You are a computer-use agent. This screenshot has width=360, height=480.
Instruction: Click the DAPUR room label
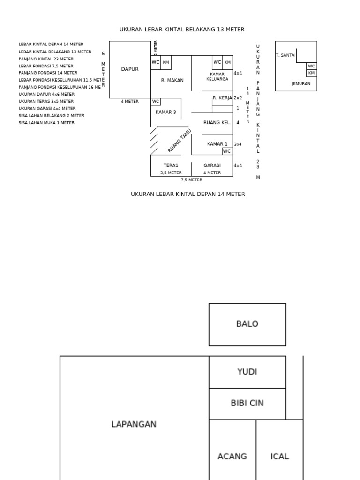tap(130, 69)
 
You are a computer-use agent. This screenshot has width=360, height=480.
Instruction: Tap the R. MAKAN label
tap(172, 81)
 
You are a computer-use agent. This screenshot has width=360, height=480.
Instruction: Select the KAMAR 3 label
tap(166, 112)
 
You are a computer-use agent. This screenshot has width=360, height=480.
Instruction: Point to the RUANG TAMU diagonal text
tap(180, 141)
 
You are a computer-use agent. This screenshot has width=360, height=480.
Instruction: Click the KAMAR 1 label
tap(217, 144)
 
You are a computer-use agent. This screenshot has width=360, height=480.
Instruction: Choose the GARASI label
tap(212, 165)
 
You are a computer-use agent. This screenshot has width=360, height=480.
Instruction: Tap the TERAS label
tap(171, 165)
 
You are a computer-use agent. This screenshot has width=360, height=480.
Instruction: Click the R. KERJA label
tap(222, 98)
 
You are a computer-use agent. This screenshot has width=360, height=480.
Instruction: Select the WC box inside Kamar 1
tap(227, 151)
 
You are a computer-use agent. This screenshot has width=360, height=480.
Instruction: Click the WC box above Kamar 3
tap(156, 102)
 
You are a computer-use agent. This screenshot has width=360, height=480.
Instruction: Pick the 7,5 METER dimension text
tap(192, 180)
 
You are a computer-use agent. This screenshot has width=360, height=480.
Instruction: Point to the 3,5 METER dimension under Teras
tap(171, 173)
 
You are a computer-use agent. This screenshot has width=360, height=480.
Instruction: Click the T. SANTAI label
tap(285, 55)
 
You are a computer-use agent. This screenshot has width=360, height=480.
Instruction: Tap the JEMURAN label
tap(300, 84)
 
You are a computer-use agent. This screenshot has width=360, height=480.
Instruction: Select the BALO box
tap(247, 324)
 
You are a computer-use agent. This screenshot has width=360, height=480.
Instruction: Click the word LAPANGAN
tap(134, 424)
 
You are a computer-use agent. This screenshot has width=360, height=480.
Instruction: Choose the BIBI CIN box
tap(247, 403)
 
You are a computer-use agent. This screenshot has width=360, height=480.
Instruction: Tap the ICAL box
tap(280, 456)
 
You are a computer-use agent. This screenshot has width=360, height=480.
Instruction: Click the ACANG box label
tap(232, 456)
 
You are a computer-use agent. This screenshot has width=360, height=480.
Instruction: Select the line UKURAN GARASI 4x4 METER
tap(46, 108)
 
